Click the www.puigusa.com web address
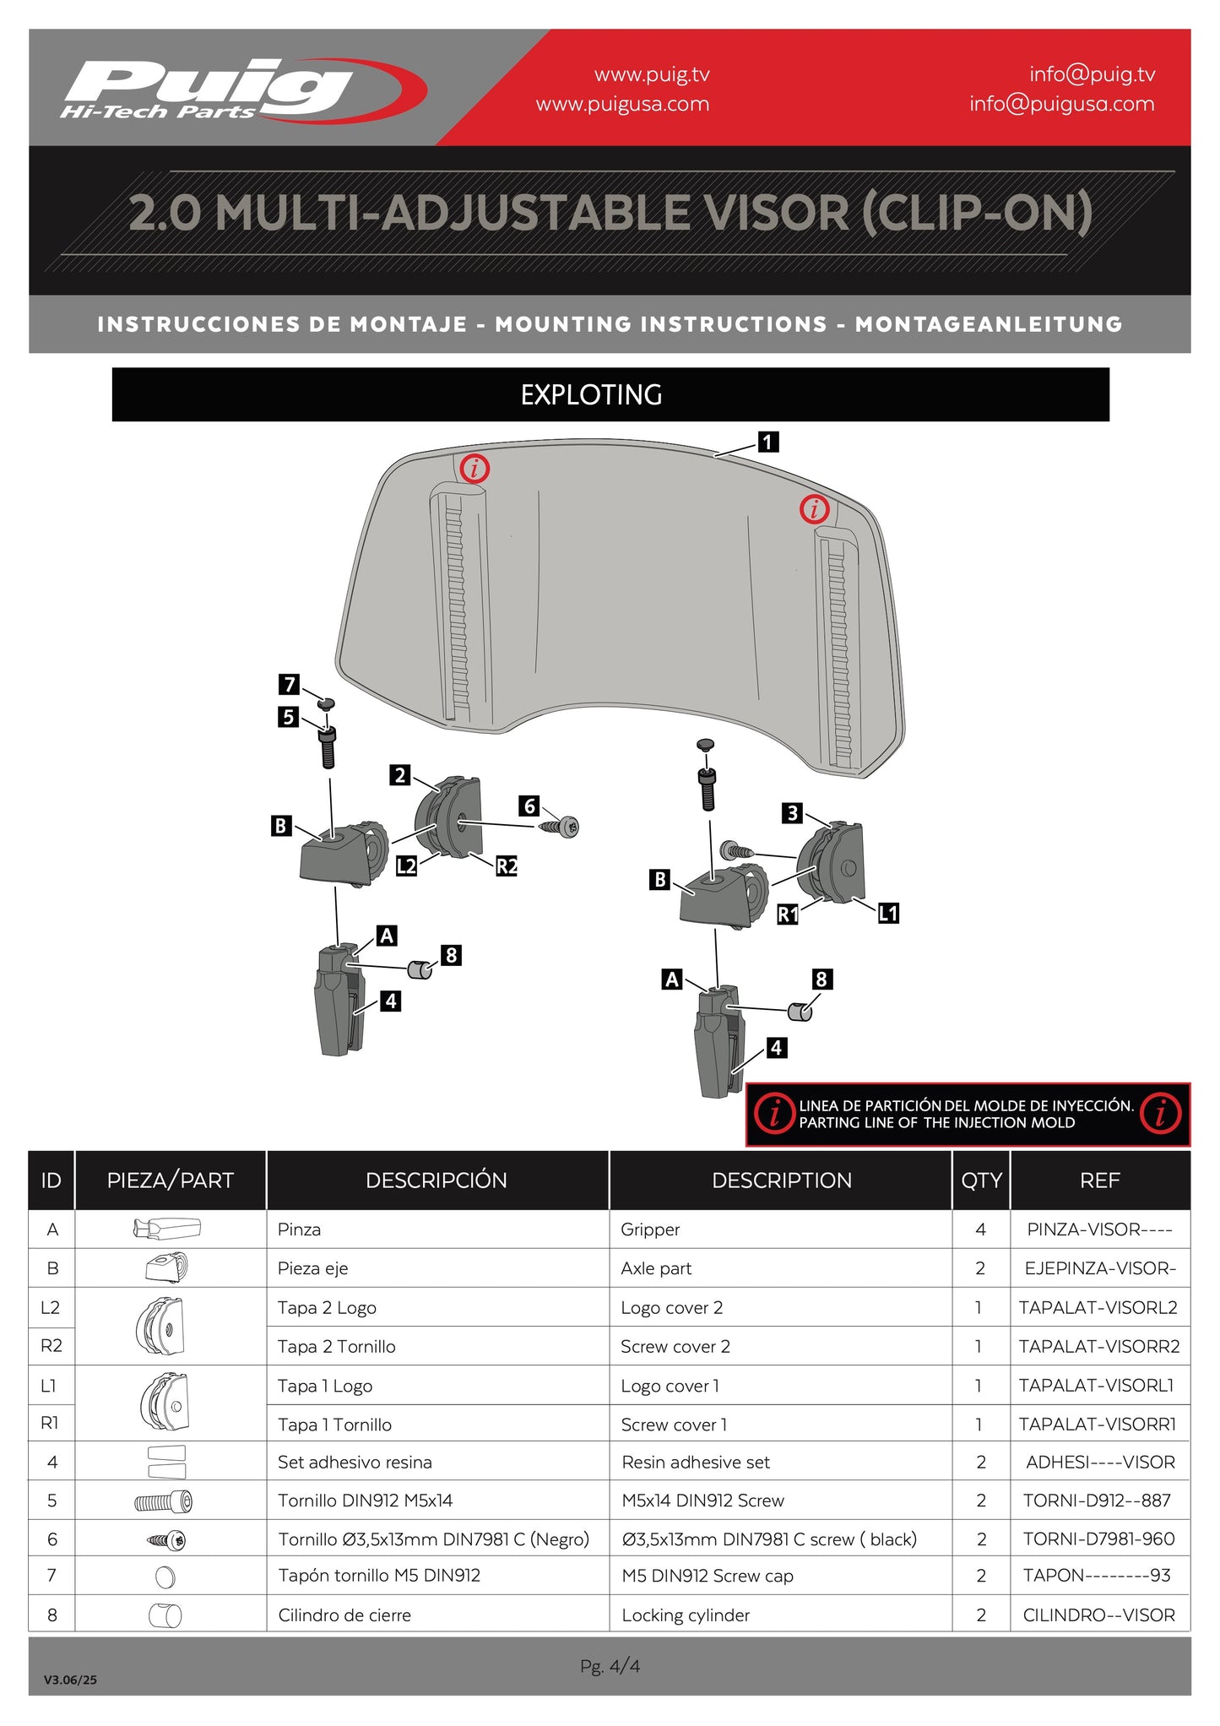point(622,104)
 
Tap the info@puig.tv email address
point(1092,74)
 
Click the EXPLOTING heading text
point(591,394)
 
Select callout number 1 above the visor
point(767,442)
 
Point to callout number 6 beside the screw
point(529,806)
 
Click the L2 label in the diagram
point(407,866)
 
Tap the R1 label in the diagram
point(788,914)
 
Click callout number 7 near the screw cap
point(290,684)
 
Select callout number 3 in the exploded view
point(792,813)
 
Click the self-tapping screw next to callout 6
point(561,827)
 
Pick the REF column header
point(1099,1181)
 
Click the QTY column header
point(981,1181)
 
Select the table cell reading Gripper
point(650,1229)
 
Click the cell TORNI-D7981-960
point(1098,1539)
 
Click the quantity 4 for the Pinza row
point(980,1229)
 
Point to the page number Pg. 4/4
point(610,1666)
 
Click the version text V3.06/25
point(70,1680)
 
